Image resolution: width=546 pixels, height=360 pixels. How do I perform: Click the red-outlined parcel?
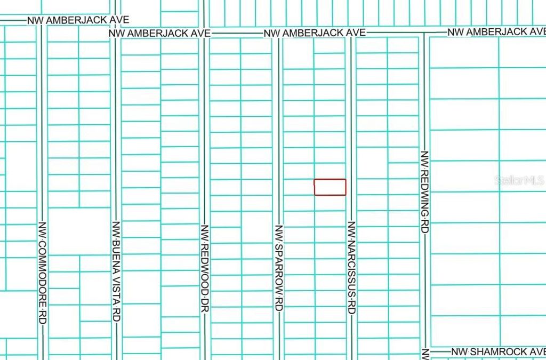point(330,187)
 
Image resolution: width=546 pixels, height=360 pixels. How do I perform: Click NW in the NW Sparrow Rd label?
point(278,231)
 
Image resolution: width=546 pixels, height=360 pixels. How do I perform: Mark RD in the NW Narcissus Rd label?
point(351,307)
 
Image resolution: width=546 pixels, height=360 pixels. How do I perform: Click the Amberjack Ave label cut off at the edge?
point(496,32)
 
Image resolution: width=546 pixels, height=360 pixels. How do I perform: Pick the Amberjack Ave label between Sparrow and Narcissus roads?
point(315,33)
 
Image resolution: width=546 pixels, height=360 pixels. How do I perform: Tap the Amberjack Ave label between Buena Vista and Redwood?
point(159,33)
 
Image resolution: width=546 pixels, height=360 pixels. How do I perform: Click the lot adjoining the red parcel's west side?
point(299,187)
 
